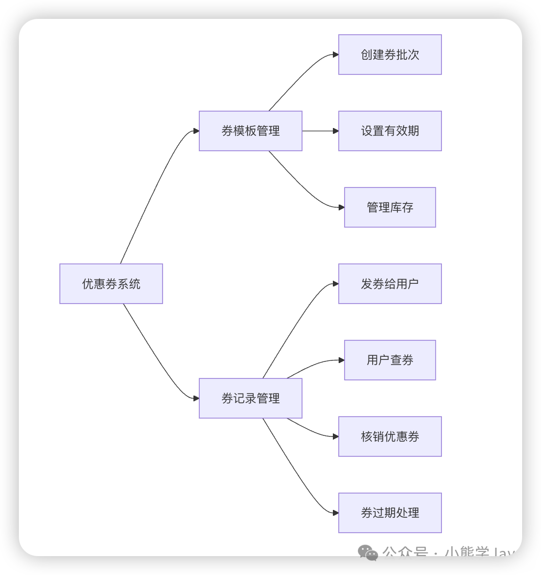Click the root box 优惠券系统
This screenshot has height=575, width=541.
coord(111,284)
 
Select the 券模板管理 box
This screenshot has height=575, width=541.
coord(251,131)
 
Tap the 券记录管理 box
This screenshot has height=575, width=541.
coord(251,398)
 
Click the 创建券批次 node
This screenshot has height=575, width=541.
coord(390,55)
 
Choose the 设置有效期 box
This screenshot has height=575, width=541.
coord(390,131)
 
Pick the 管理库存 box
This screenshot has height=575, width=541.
coord(390,207)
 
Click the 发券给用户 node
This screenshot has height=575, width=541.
coord(390,284)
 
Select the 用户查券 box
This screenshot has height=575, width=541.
coord(390,360)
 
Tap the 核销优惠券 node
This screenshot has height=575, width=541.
coord(390,436)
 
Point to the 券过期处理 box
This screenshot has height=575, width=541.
coord(390,513)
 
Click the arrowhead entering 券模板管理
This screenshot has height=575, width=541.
coord(196,131)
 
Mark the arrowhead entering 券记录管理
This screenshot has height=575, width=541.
coord(196,398)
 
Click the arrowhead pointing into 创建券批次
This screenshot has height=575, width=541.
coord(336,55)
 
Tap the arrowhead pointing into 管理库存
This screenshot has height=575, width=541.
coord(341,207)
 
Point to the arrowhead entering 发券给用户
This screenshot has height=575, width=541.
coord(336,284)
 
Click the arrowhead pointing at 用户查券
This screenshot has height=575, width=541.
coord(341,360)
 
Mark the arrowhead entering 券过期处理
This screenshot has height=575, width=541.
coord(336,513)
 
